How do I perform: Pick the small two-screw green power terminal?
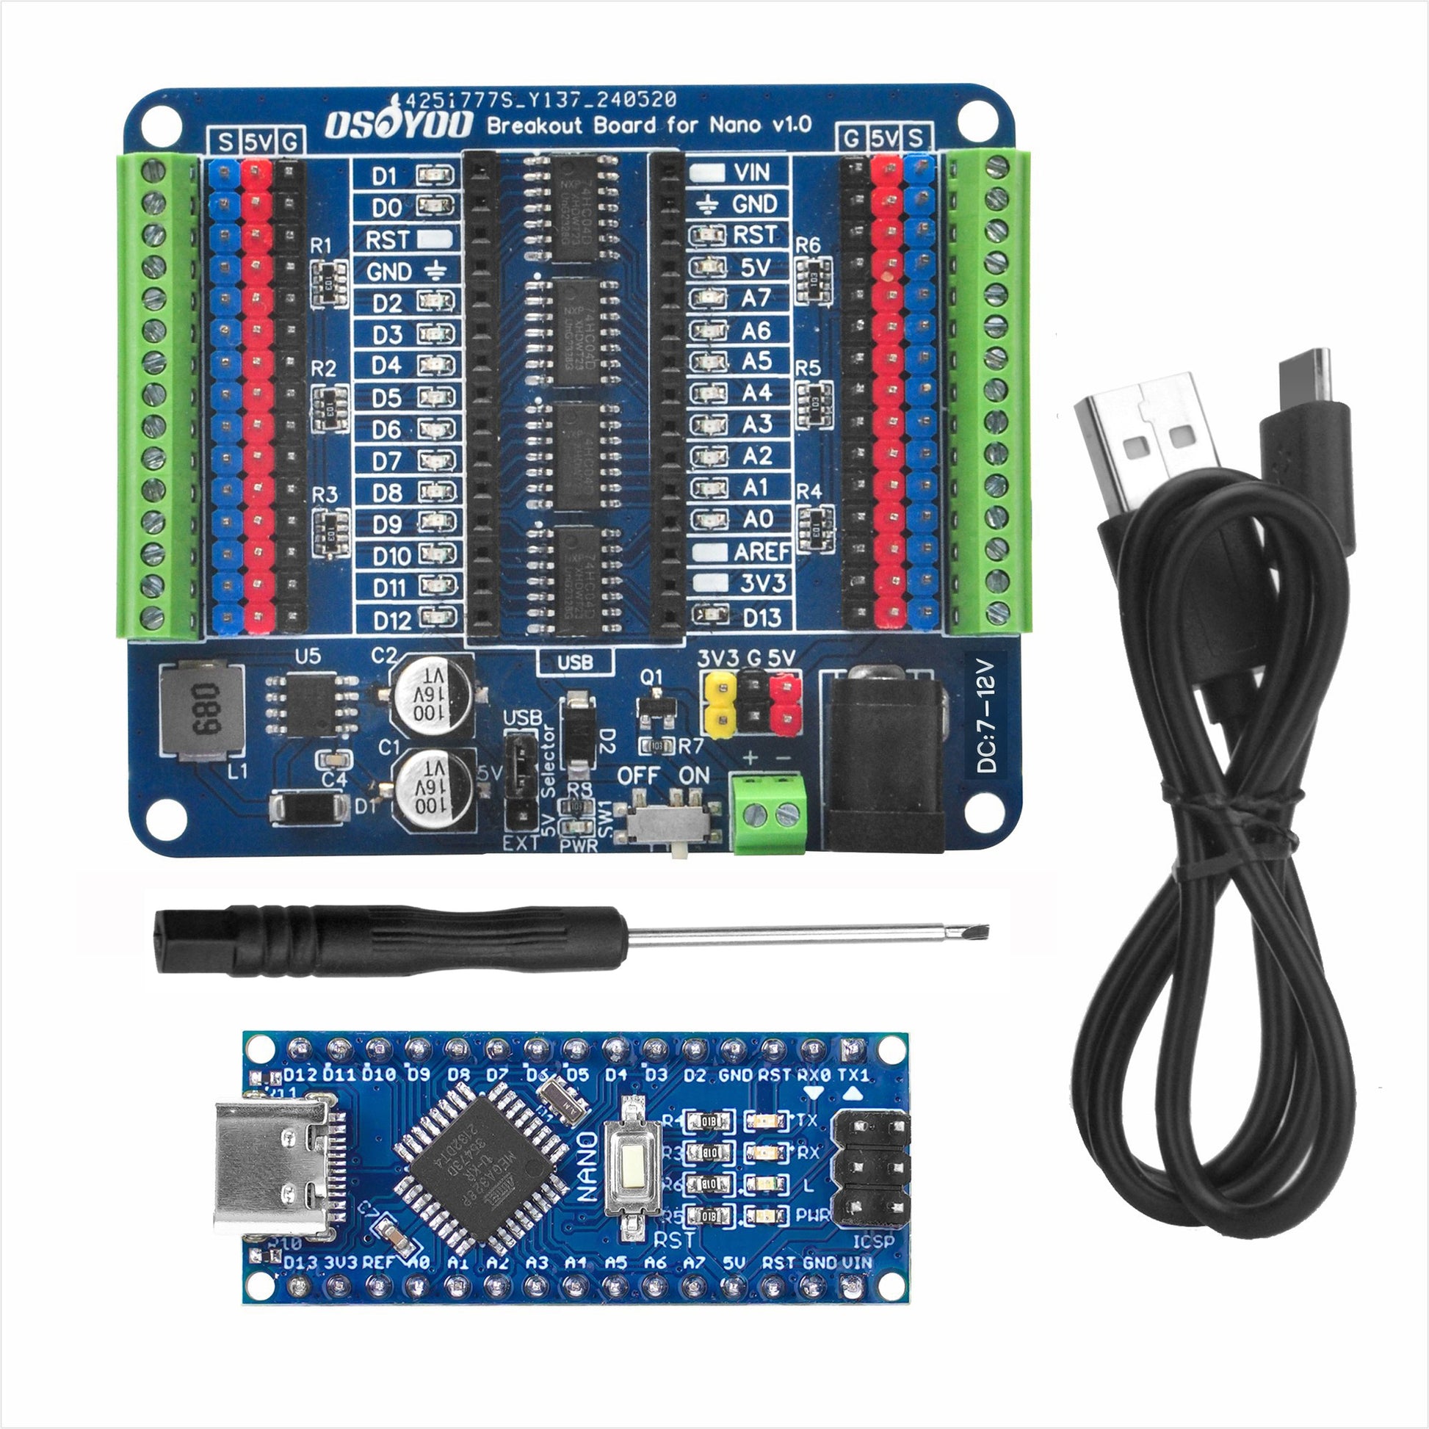(x=769, y=813)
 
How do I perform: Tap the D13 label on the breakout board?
(x=761, y=616)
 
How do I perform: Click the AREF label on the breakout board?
(x=761, y=551)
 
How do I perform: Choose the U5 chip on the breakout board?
(x=311, y=705)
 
